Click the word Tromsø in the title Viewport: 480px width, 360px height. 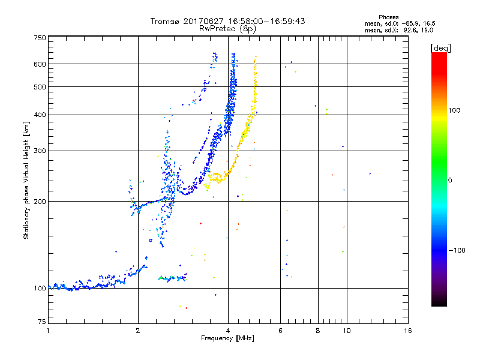coord(163,21)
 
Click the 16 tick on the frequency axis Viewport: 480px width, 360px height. coord(407,331)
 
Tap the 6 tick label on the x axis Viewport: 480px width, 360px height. coord(280,331)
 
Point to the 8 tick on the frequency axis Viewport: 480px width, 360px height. coord(317,331)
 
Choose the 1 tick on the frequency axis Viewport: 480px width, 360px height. coord(48,331)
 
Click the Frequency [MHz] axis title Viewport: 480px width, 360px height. coord(227,339)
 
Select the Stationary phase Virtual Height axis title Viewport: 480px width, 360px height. coord(26,180)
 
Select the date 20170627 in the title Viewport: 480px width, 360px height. coord(202,21)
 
